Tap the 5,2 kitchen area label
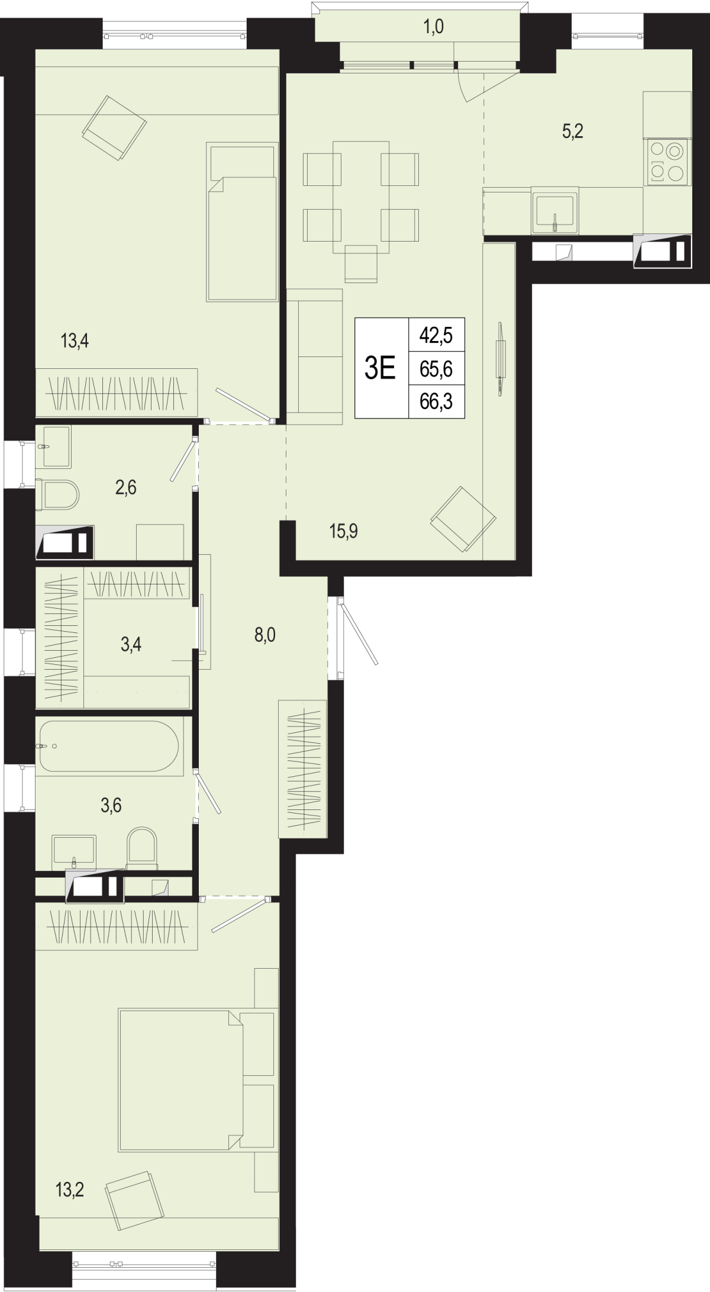pyautogui.click(x=573, y=131)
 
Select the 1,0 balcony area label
pyautogui.click(x=433, y=27)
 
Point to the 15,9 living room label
pyautogui.click(x=344, y=531)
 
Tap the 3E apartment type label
pyautogui.click(x=380, y=368)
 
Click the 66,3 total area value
pyautogui.click(x=436, y=402)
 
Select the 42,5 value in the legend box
pyautogui.click(x=436, y=336)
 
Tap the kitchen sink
pyautogui.click(x=555, y=211)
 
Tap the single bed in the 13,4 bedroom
pyautogui.click(x=242, y=221)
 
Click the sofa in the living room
pyautogui.click(x=314, y=357)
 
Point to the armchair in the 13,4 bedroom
pyautogui.click(x=114, y=128)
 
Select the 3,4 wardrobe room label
pyautogui.click(x=131, y=644)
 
